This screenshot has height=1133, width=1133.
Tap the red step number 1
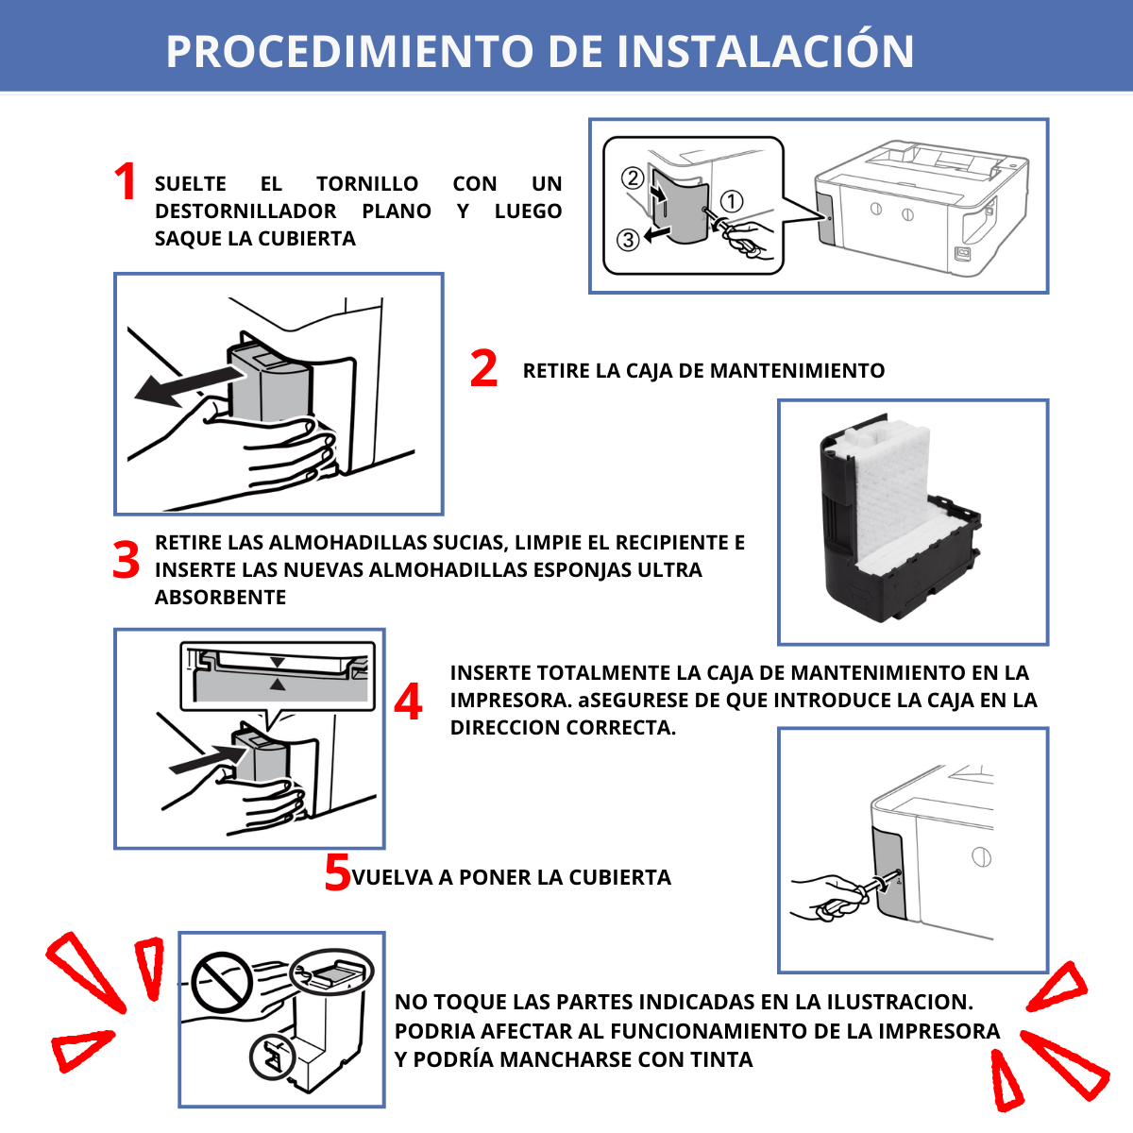click(125, 181)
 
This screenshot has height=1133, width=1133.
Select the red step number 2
click(483, 369)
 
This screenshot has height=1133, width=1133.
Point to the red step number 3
click(126, 560)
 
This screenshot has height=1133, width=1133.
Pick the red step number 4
click(408, 702)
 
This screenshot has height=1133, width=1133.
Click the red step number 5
click(337, 873)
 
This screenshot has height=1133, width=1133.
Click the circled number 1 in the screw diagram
click(732, 201)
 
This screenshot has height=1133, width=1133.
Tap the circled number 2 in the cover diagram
click(633, 178)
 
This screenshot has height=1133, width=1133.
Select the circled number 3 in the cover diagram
click(628, 240)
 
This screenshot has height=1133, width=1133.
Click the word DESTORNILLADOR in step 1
click(245, 211)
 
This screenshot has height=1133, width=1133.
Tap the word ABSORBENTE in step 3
click(220, 598)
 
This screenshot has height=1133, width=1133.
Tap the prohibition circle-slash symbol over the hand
click(221, 981)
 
